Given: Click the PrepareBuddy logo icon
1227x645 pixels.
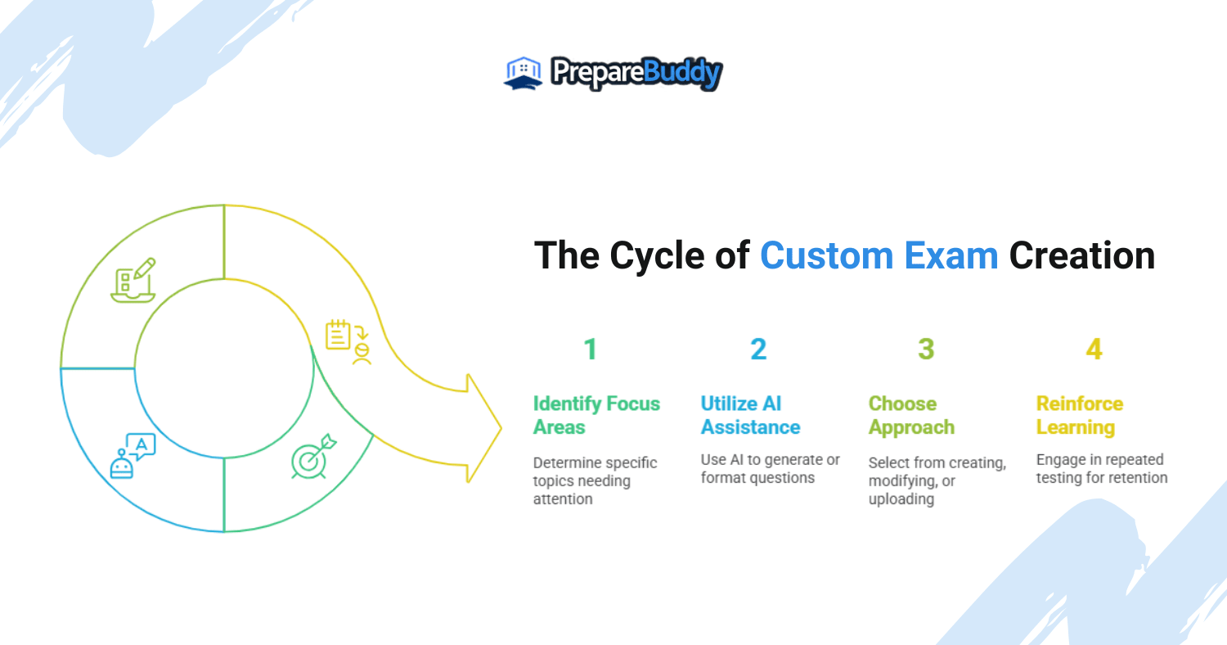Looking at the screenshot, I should click(523, 74).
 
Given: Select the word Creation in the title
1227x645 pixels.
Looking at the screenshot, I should click(1081, 256).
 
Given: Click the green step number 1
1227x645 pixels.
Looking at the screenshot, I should click(590, 350).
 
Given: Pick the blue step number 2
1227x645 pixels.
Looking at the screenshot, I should click(758, 350).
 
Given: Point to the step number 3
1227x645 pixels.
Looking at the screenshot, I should click(926, 350).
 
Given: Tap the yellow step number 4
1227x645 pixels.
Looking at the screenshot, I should click(1094, 350).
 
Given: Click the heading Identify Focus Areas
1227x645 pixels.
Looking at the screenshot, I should click(596, 415).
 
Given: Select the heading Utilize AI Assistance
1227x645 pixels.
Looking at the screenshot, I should click(750, 415).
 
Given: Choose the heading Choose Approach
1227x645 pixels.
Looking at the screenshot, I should click(911, 415).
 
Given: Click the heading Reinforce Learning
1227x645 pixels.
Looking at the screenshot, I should click(1080, 415).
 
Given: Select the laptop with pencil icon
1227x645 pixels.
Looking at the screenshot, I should click(133, 281).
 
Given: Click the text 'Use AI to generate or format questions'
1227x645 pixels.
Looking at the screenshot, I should click(770, 468).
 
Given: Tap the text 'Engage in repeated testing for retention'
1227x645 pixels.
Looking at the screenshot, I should click(1101, 468).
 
